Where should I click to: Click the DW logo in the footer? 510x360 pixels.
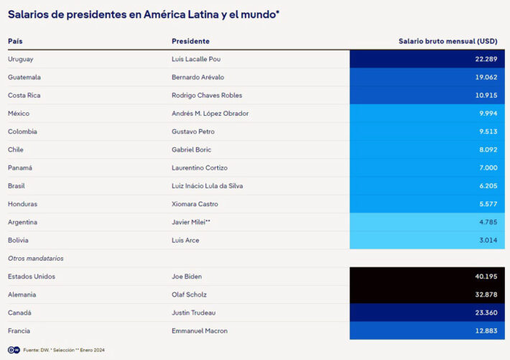click(x=14, y=350)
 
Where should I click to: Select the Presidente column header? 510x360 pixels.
click(x=190, y=42)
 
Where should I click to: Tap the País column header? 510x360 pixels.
click(x=15, y=42)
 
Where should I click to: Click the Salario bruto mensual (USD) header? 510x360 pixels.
click(x=448, y=42)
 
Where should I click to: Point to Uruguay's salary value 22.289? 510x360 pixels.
click(x=486, y=59)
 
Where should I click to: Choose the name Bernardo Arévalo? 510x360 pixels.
click(x=198, y=77)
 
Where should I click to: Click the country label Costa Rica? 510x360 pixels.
click(x=24, y=96)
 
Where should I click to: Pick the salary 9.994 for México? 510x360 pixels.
click(x=488, y=114)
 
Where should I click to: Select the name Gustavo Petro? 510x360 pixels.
click(x=193, y=131)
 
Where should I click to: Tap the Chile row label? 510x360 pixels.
click(x=16, y=149)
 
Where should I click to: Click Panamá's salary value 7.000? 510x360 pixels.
click(x=488, y=167)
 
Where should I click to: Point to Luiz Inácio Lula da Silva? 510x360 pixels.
click(x=207, y=186)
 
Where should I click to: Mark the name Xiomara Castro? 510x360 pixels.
click(x=195, y=204)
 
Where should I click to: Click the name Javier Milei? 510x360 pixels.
click(x=188, y=222)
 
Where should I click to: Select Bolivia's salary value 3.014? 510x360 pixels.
click(x=488, y=240)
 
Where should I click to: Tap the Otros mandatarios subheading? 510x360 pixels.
click(x=36, y=259)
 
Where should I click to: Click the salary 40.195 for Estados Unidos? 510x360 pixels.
click(x=486, y=277)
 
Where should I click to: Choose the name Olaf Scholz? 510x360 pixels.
click(x=189, y=295)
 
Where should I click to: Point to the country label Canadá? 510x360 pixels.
click(x=19, y=313)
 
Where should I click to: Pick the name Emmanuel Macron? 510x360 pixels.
click(x=200, y=331)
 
